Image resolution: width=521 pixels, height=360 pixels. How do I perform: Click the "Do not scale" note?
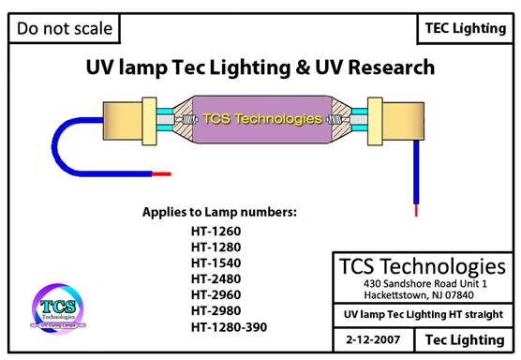coord(65,28)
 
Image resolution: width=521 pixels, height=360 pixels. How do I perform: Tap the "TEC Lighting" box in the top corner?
coord(466,28)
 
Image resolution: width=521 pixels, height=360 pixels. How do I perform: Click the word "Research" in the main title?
coord(392,67)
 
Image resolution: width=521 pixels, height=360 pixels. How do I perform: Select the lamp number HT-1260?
coord(216,232)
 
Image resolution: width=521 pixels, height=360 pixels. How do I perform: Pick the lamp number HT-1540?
coord(216,263)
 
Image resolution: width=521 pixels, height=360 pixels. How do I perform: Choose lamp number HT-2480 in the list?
coord(216,279)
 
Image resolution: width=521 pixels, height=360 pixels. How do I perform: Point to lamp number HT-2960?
coord(216,295)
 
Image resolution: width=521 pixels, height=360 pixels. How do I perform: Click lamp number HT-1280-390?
coord(229,327)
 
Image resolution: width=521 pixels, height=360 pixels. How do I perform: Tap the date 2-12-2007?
coord(373,339)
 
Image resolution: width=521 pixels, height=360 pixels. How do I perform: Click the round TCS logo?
coord(58,308)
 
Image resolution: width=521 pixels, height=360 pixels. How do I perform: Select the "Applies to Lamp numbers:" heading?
coord(219,213)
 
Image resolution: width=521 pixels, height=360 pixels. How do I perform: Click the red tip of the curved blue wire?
coord(161,173)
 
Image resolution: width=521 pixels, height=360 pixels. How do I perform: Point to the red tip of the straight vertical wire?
coord(416,210)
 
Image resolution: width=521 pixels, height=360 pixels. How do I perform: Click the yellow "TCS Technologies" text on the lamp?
coord(262,119)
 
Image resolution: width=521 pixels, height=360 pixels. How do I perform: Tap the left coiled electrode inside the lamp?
coord(188,119)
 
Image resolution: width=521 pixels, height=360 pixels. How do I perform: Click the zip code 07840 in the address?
coord(460,295)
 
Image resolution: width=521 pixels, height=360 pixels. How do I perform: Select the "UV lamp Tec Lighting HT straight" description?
coord(424,315)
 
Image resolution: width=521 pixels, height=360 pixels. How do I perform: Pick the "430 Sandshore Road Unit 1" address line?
coord(425,284)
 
